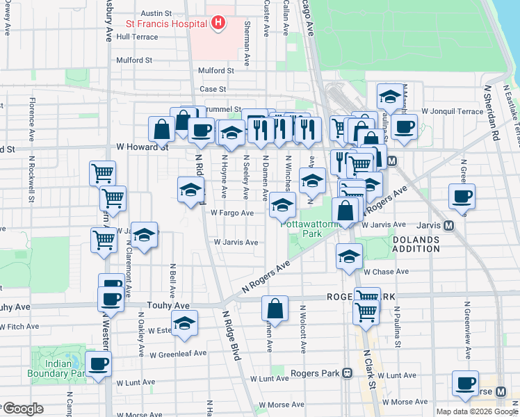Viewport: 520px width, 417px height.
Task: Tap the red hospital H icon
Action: [x=218, y=23]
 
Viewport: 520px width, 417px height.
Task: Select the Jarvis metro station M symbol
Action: [x=448, y=225]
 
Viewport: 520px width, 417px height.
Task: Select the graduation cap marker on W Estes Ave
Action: [x=184, y=323]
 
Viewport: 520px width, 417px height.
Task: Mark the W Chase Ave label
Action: [x=385, y=272]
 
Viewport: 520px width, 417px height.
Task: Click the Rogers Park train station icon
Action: [x=346, y=373]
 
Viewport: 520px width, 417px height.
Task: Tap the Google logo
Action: [x=23, y=409]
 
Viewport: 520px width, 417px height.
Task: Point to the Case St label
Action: [x=213, y=89]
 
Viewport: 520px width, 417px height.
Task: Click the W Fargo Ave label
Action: [x=232, y=213]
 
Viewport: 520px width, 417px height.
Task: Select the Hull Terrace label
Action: [x=138, y=37]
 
